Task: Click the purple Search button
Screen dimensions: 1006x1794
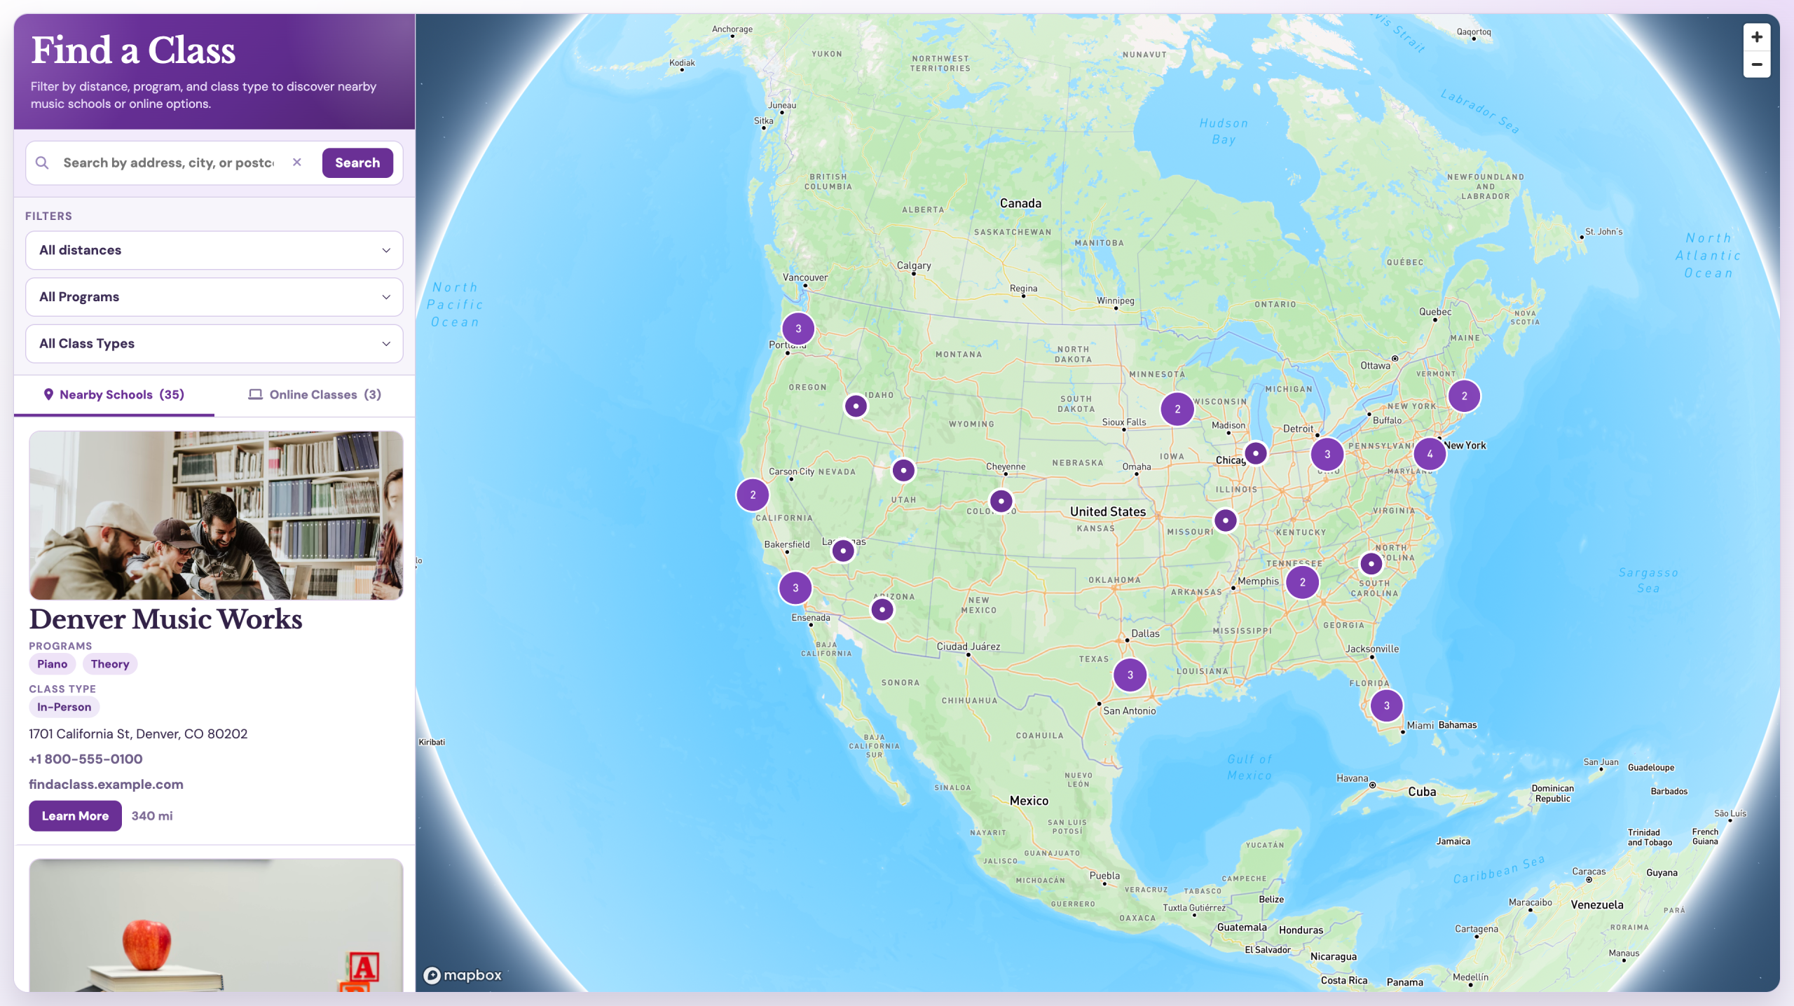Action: tap(357, 163)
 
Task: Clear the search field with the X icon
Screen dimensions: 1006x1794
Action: tap(297, 163)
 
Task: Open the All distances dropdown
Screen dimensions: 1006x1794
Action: tap(214, 250)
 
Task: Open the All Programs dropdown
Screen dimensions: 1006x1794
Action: tap(214, 297)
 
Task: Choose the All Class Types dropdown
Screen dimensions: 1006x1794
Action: tap(214, 344)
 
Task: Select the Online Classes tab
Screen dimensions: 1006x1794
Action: tap(315, 394)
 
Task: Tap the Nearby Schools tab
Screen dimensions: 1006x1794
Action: tap(114, 394)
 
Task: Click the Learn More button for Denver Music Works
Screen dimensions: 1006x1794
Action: tap(75, 816)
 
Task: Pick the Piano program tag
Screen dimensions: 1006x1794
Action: tap(53, 664)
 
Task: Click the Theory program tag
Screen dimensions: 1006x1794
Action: tap(110, 664)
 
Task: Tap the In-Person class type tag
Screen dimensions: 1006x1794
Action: tap(64, 707)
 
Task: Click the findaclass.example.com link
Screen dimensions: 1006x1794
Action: tap(106, 785)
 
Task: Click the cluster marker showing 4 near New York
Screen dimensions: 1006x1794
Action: tap(1430, 454)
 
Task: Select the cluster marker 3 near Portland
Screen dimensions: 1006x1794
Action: tap(798, 329)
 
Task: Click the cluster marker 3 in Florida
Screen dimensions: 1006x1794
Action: tap(1386, 705)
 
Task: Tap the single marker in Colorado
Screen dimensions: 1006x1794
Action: tap(1001, 501)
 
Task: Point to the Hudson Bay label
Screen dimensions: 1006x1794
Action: tap(1224, 131)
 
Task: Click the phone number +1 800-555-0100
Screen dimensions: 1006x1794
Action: tap(85, 759)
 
